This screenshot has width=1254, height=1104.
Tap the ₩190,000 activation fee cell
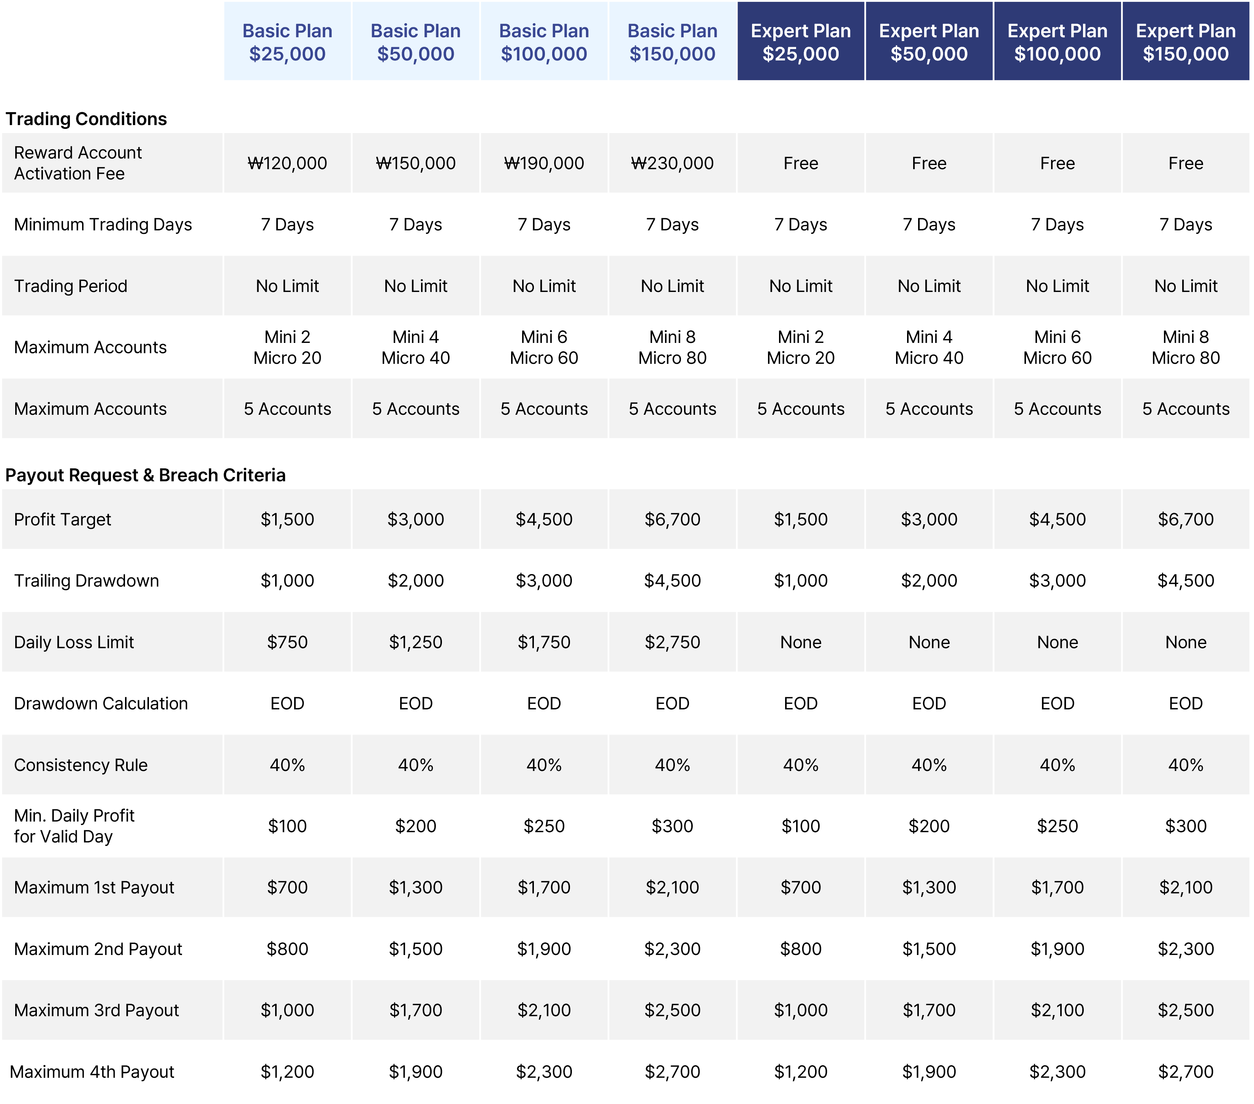coord(543,163)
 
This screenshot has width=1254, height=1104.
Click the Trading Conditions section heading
coord(86,119)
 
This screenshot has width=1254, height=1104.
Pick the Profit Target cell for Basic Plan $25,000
coord(287,519)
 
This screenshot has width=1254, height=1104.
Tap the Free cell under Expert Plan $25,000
coord(801,163)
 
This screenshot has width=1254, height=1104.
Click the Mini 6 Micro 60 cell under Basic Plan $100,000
coord(543,347)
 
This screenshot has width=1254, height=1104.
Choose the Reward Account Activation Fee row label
coord(78,163)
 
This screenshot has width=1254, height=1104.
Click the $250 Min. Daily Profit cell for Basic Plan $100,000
coord(543,826)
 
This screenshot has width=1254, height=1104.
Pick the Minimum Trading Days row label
coord(103,225)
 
